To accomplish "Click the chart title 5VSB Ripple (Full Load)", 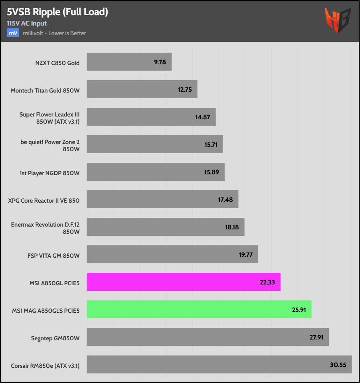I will pyautogui.click(x=57, y=12).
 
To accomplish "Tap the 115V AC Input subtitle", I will pyautogui.click(x=27, y=24).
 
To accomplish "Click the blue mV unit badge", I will pyautogui.click(x=12, y=33).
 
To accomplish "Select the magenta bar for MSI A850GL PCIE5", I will pyautogui.click(x=183, y=282).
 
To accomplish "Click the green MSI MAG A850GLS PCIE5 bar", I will pyautogui.click(x=199, y=310).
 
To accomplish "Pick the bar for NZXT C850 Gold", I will pyautogui.click(x=129, y=62).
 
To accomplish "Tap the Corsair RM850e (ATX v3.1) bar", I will pyautogui.click(x=219, y=364).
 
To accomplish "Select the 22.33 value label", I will pyautogui.click(x=268, y=282).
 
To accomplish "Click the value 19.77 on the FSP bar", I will pyautogui.click(x=246, y=255).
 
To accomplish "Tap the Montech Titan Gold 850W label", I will pyautogui.click(x=45, y=90).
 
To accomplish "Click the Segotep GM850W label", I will pyautogui.click(x=55, y=338).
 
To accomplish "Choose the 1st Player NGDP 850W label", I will pyautogui.click(x=49, y=173).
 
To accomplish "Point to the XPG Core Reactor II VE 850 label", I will pyautogui.click(x=44, y=200).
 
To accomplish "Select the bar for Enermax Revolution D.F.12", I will pyautogui.click(x=165, y=227).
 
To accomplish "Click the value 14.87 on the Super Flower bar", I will pyautogui.click(x=203, y=117).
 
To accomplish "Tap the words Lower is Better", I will pyautogui.click(x=70, y=33).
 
